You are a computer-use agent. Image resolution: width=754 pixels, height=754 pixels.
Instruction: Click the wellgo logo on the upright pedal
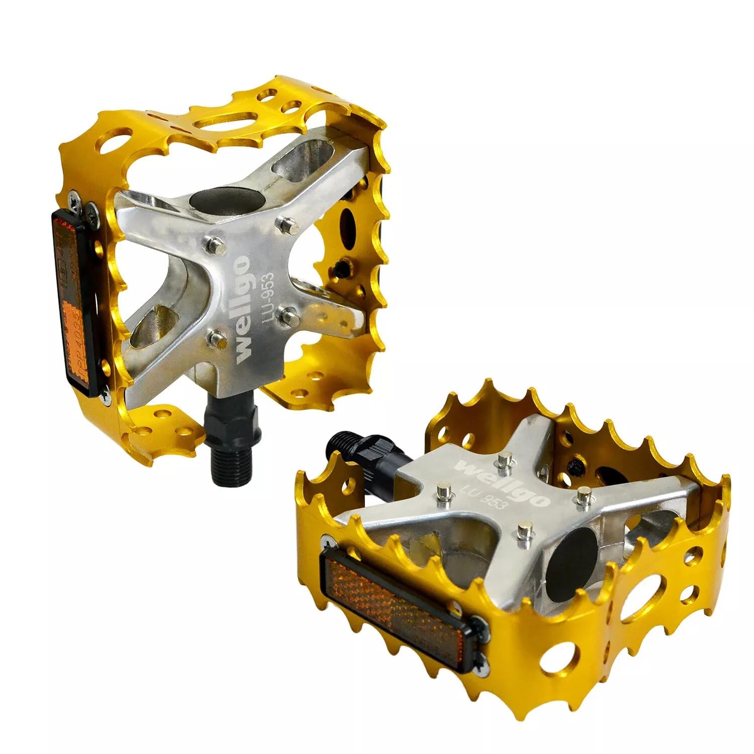pos(243,307)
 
